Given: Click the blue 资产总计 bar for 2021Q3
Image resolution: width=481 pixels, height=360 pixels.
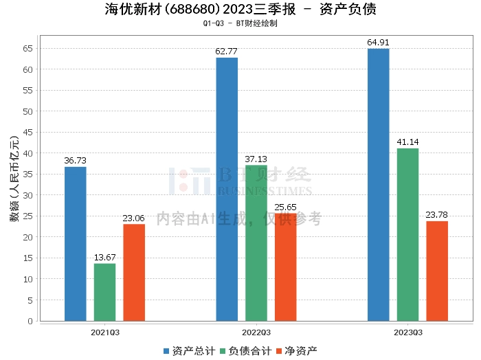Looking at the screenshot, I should coord(76,244).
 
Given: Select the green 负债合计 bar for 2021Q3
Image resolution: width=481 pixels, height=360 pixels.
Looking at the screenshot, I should coord(105,292).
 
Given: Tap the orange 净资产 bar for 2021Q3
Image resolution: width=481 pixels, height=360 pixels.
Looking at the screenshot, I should coord(134,273).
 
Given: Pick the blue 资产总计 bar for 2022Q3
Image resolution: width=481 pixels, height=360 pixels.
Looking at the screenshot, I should coord(227,189).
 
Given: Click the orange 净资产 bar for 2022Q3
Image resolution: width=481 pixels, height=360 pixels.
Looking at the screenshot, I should coord(286,267).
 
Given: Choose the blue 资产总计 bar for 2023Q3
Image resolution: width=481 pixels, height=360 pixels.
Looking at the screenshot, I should coord(379,185).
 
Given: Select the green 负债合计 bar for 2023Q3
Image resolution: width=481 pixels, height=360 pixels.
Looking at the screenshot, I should coord(407,234).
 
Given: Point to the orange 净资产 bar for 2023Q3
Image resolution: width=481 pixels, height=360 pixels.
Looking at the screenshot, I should coord(437,271).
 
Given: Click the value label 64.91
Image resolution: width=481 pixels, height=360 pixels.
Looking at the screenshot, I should coord(379,43).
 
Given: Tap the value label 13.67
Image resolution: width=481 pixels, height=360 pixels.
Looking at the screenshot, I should coord(105,258).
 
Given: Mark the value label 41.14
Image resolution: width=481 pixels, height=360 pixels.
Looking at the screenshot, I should coord(407,142).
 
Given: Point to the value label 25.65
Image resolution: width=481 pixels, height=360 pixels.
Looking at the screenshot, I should coord(286,207).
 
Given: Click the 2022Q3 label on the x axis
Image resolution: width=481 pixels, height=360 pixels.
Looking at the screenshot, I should coord(256,332).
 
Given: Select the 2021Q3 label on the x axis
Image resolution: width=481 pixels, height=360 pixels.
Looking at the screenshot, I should coord(105,332).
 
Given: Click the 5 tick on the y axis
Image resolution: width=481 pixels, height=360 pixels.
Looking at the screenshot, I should coord(30,300).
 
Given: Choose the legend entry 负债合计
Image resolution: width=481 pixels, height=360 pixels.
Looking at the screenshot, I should coord(245,350).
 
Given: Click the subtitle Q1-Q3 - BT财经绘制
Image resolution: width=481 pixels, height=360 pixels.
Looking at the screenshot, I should coord(240,23).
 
